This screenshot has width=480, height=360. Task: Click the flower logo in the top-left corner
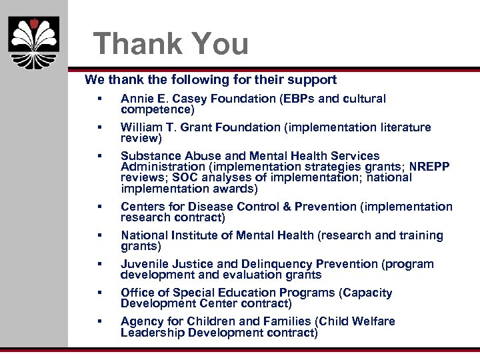click(x=33, y=41)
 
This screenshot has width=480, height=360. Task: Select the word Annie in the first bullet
click(x=136, y=99)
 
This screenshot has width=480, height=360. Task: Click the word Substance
click(x=150, y=156)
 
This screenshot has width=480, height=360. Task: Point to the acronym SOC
click(x=184, y=177)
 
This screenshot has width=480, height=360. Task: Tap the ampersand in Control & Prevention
click(x=287, y=207)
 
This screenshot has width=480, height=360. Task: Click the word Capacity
click(x=368, y=293)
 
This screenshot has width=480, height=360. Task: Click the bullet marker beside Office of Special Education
click(x=98, y=293)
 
